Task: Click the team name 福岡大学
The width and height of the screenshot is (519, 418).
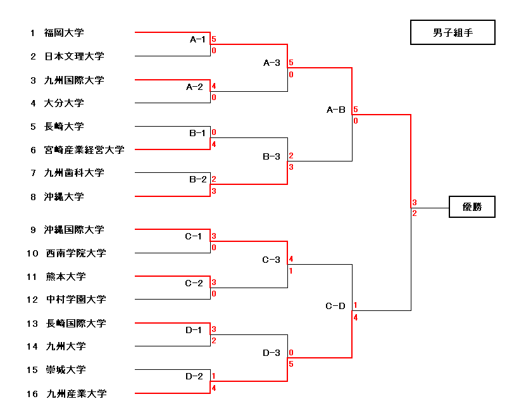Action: coord(64,32)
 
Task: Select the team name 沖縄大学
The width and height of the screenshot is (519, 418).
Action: coord(64,196)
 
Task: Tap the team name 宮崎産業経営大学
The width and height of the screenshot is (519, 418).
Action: coord(84,150)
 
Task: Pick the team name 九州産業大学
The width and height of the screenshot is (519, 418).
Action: coord(77,394)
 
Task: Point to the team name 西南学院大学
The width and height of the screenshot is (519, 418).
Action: coord(76,253)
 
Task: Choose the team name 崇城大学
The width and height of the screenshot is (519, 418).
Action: coord(66,370)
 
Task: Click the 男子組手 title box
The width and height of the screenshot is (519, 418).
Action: coord(453,33)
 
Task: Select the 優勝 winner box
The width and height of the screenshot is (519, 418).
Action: coord(472,207)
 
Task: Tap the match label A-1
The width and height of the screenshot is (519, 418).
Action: coord(198,39)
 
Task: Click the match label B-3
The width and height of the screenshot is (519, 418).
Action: coord(272,156)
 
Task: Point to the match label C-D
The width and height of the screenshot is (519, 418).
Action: coord(335,306)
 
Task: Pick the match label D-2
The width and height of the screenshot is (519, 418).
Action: coord(194,376)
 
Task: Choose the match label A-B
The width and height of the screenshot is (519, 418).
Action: coord(336,110)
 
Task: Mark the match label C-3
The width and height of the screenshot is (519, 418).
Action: coord(272,260)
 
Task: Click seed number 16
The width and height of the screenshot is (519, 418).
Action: coord(32,394)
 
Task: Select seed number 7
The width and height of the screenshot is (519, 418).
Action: coord(33,173)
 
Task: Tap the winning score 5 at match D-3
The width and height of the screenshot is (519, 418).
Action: coord(291,364)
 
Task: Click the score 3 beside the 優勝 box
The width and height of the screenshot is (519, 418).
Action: coord(414,203)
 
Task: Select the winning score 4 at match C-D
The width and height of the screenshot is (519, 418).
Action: coord(356,317)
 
